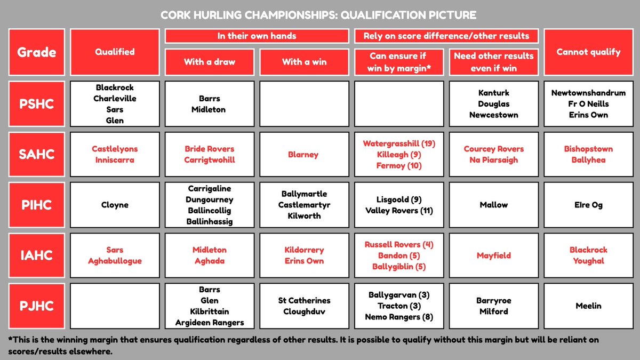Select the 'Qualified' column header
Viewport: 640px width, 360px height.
(x=115, y=52)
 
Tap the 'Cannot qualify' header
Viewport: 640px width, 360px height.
(x=588, y=52)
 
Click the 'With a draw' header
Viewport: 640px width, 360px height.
(x=210, y=62)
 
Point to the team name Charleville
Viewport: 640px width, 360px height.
(x=115, y=98)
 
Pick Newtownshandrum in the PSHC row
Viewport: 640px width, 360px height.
(x=588, y=93)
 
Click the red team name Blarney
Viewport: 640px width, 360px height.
(x=304, y=155)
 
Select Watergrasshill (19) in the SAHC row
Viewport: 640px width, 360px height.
(x=399, y=143)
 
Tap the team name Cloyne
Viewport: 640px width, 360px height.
(x=115, y=205)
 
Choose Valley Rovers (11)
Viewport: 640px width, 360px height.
(x=399, y=211)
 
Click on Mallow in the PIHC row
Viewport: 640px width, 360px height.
(x=494, y=205)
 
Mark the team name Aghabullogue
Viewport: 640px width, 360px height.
(x=115, y=261)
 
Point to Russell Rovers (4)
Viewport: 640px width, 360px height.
(x=399, y=244)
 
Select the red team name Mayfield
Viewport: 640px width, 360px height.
(x=494, y=255)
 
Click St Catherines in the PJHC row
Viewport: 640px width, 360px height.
(x=304, y=301)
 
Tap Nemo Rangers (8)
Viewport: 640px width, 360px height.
(x=399, y=317)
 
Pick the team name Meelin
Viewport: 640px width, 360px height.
(x=588, y=306)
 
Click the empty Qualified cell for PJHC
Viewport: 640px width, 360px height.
(x=115, y=306)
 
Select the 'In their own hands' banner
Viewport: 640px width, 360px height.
(x=257, y=36)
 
